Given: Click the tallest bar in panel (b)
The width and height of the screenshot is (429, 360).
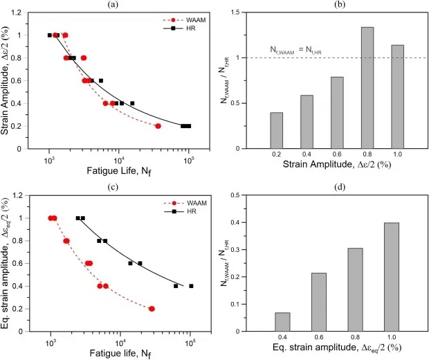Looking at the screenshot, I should click(367, 88).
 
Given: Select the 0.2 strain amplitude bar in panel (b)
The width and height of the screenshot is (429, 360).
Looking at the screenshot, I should click(276, 130).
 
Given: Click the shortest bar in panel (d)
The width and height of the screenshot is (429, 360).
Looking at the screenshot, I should click(282, 322).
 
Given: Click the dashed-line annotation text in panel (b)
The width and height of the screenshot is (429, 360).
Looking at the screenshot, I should click(302, 50).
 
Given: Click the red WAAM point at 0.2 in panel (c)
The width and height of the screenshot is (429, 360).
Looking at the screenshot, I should click(152, 309).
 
